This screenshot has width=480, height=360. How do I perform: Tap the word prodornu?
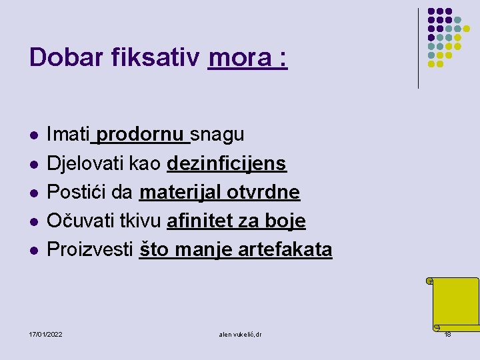[140, 135]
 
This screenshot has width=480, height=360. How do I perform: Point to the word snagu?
[217, 135]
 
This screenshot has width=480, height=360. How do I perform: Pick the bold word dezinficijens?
[227, 163]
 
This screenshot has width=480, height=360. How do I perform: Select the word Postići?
[77, 192]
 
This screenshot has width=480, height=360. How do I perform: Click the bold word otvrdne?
[263, 192]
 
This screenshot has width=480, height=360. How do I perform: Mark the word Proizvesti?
[91, 249]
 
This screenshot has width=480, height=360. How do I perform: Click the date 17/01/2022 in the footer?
[46, 333]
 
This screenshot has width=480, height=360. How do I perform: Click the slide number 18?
[447, 333]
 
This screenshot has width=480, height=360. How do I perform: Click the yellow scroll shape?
[455, 303]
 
